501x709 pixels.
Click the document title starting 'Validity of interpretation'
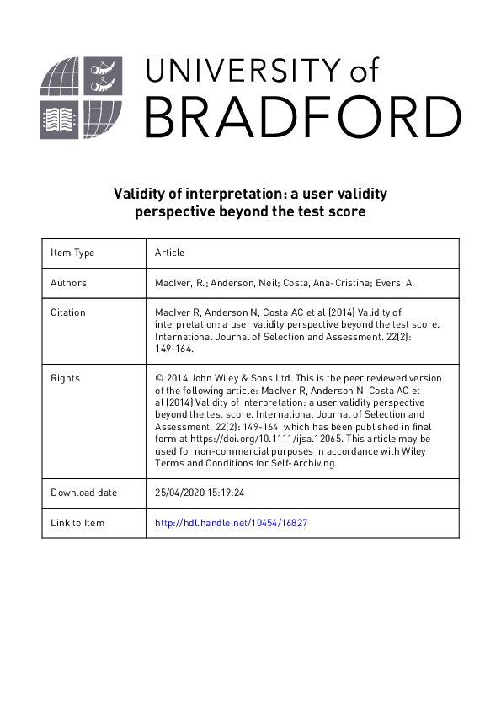[x=250, y=203]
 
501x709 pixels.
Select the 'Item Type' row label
[x=72, y=253]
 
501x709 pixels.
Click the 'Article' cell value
[x=170, y=253]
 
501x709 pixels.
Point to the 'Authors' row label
[x=69, y=283]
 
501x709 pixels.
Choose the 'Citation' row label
[x=68, y=312]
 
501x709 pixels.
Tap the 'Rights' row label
[x=65, y=378]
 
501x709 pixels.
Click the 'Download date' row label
[x=84, y=493]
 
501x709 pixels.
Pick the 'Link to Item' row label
[x=77, y=523]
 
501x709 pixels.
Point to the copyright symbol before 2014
[x=159, y=378]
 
